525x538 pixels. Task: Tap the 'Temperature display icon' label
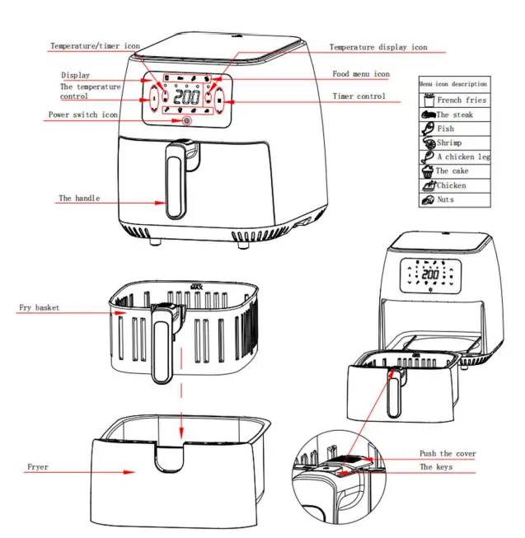point(378,48)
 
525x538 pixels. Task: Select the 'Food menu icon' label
point(361,74)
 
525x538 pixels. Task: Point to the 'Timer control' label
point(359,96)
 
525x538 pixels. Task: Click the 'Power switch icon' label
point(82,115)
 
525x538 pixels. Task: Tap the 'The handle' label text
point(79,199)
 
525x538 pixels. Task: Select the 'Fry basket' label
point(40,308)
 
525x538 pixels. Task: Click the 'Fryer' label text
point(37,467)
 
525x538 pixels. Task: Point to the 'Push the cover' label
point(448,454)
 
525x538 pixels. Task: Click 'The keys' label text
point(437,467)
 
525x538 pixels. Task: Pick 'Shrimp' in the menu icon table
point(449,143)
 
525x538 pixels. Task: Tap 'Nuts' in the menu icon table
point(446,199)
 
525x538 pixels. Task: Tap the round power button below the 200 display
point(186,121)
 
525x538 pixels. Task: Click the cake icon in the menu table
point(427,171)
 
